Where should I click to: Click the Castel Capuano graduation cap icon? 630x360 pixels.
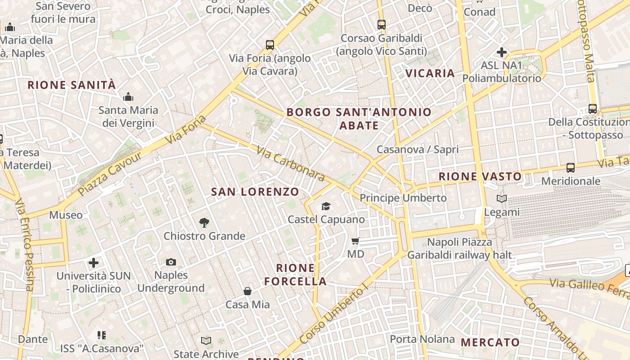326,206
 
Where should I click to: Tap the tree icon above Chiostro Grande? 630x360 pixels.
204,222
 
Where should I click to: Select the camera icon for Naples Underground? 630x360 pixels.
171,262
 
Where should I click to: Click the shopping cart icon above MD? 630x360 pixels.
355,241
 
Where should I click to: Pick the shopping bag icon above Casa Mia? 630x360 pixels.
247,291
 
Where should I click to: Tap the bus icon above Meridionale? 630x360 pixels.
571,168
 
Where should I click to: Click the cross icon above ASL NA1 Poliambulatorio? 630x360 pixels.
502,52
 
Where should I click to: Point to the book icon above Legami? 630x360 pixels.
502,198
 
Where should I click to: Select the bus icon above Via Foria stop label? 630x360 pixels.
270,45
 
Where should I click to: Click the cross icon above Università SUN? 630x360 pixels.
94,262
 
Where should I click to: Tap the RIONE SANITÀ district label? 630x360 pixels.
72,85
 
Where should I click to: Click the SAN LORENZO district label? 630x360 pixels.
255,192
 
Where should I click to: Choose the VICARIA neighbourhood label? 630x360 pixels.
430,73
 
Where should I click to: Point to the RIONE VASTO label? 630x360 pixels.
480,176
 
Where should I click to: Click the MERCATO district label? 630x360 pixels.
490,342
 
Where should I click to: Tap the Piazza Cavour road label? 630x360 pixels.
109,174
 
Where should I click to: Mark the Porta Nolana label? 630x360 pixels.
422,339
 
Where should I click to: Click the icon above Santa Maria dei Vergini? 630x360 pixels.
128,97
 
